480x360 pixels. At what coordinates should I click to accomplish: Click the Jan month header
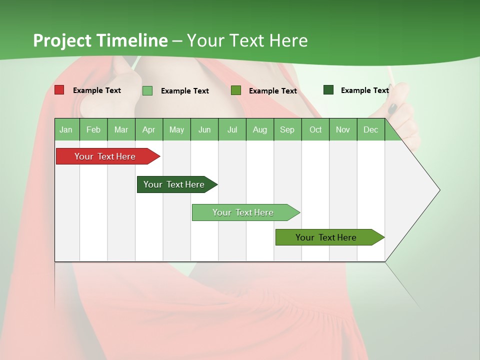click(66, 129)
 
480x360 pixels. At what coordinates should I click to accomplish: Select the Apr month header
click(148, 129)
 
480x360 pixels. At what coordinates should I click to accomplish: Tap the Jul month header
click(232, 129)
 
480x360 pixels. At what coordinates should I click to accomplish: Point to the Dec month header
click(370, 129)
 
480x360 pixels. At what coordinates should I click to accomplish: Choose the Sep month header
click(287, 129)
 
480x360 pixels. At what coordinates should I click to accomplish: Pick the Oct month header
click(315, 129)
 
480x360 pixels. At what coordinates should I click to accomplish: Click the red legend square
click(59, 90)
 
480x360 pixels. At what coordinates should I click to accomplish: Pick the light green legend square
click(147, 90)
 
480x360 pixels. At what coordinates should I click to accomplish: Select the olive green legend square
click(236, 90)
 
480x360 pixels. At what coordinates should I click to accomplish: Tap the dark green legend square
click(328, 90)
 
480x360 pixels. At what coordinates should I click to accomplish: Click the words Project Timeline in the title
click(100, 40)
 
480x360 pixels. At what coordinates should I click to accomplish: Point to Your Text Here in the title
click(247, 40)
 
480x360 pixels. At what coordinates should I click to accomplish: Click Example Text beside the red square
click(97, 90)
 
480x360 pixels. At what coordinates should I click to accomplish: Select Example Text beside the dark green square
click(365, 90)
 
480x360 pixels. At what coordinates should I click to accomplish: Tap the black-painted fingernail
click(393, 108)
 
